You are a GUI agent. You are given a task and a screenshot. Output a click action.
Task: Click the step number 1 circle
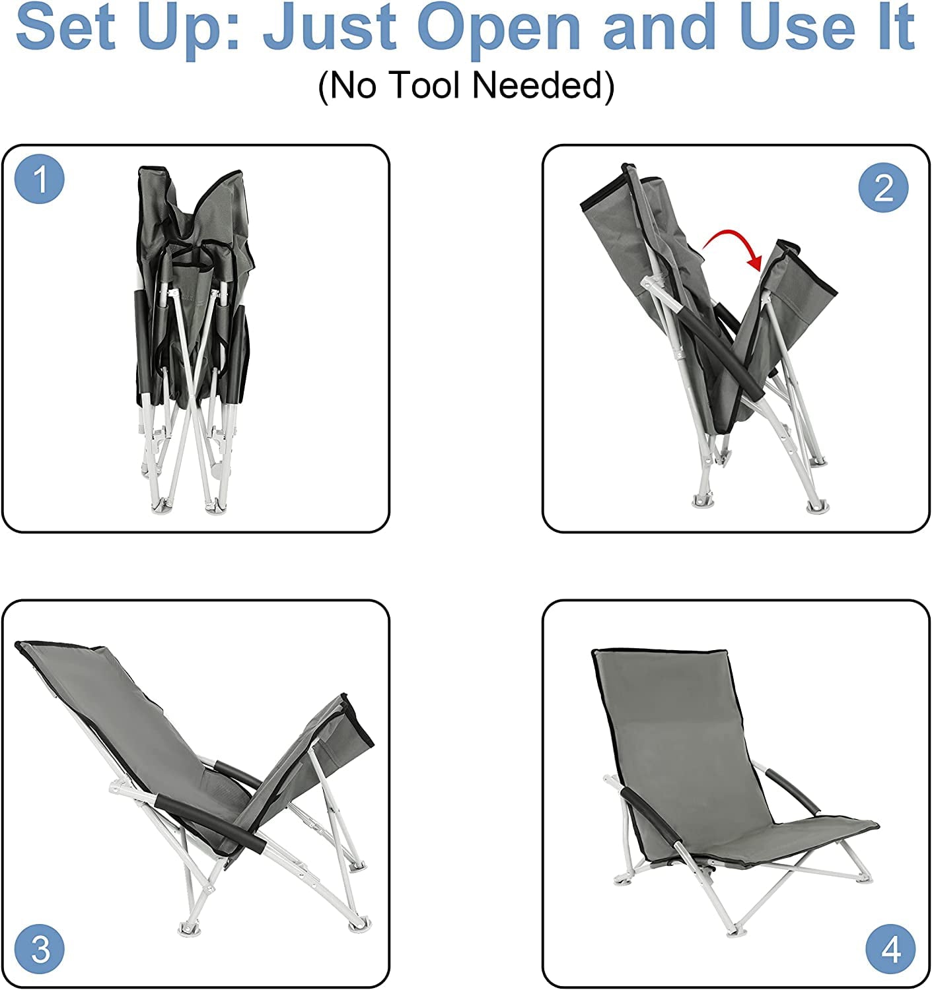click(x=40, y=178)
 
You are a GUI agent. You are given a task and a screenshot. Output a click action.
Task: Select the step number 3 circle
click(x=40, y=949)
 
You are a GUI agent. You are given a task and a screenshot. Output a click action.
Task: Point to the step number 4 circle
click(x=891, y=949)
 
